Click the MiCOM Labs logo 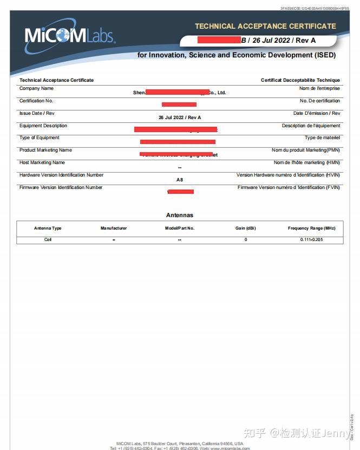[x=69, y=36]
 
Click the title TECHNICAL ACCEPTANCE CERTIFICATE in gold [x=265, y=26]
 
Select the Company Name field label [x=36, y=88]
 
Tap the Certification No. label [x=36, y=101]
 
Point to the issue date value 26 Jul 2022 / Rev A [x=180, y=118]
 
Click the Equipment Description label [x=43, y=126]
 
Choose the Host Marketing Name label [x=42, y=162]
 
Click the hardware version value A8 [x=180, y=179]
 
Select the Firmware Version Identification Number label [x=61, y=187]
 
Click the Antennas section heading [x=179, y=215]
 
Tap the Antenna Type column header [x=48, y=228]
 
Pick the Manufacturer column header [x=114, y=228]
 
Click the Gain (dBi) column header [x=245, y=228]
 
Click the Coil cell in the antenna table [x=48, y=239]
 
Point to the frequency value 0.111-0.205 [x=311, y=239]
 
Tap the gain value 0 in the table [x=245, y=239]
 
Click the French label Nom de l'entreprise [x=319, y=88]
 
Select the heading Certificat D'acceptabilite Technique [x=300, y=80]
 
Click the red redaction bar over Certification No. [x=179, y=104]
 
